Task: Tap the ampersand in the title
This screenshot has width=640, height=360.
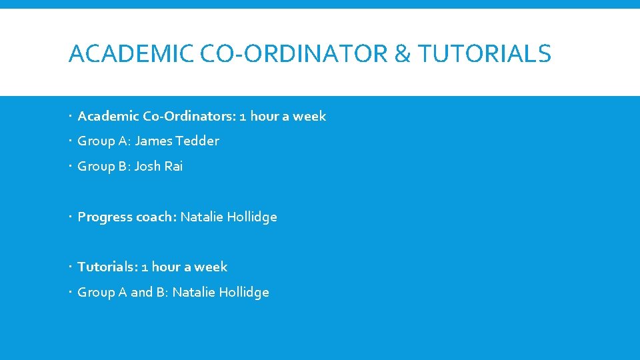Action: coord(403,53)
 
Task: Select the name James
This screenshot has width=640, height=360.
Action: coord(153,141)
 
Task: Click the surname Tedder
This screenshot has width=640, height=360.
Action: coord(197,141)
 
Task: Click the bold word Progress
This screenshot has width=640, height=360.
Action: coord(105,217)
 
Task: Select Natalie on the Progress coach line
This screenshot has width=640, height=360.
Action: coord(202,217)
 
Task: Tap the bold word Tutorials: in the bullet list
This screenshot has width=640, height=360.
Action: coord(107,267)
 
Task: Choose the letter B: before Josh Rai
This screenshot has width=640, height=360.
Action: coord(124,166)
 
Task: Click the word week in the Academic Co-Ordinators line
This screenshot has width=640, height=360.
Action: coord(309,116)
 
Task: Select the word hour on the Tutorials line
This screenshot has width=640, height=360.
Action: coord(166,267)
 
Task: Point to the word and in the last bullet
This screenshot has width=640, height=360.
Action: coord(141,292)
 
